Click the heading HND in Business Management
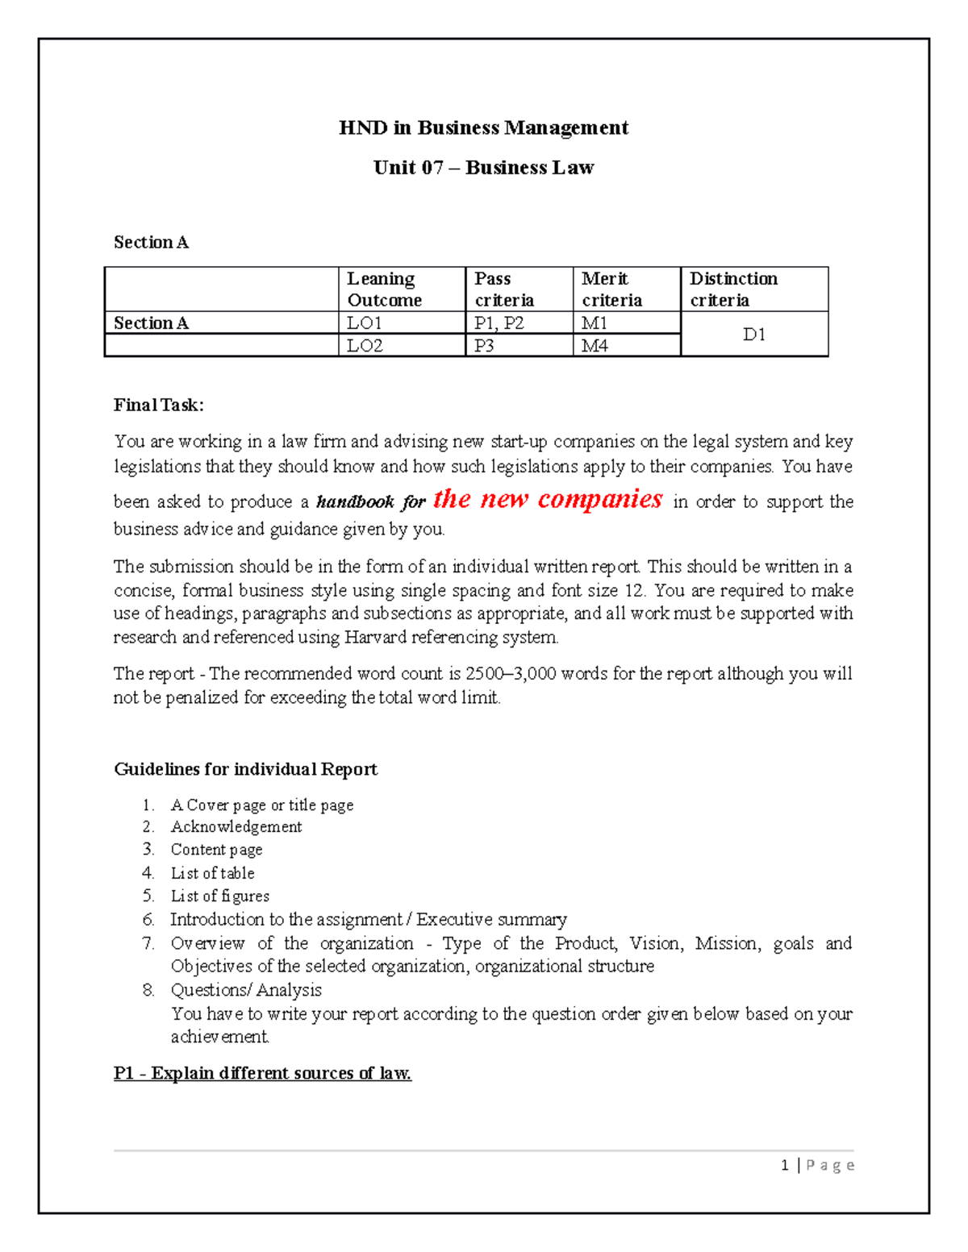(x=483, y=127)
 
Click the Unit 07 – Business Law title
(x=483, y=168)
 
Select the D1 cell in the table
(x=753, y=334)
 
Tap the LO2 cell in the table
(x=365, y=346)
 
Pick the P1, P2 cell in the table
(x=499, y=323)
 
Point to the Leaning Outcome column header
(x=384, y=289)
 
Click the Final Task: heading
(x=158, y=405)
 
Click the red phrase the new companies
(x=547, y=499)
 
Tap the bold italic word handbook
(x=354, y=502)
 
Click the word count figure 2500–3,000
(x=511, y=673)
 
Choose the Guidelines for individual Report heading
(x=245, y=769)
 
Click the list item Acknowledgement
(x=236, y=826)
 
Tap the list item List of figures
(x=219, y=896)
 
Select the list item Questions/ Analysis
(x=245, y=990)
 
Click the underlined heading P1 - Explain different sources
(x=262, y=1073)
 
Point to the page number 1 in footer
(x=785, y=1165)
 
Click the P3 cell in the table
(x=484, y=346)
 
